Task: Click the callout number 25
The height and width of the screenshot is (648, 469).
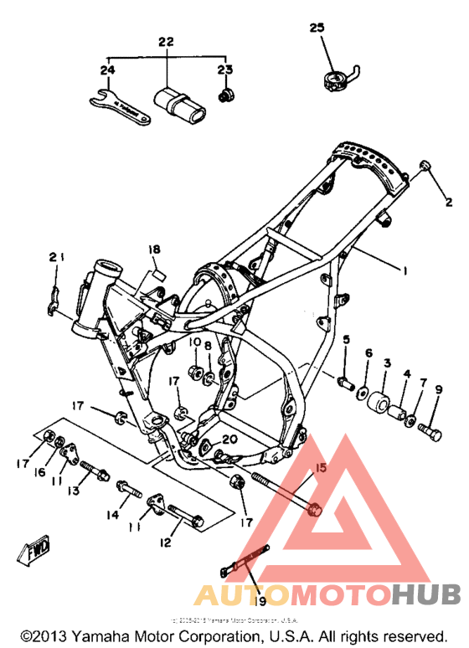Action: coord(316,28)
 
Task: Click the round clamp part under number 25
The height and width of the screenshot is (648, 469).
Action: coord(335,81)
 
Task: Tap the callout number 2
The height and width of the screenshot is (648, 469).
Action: coord(448,202)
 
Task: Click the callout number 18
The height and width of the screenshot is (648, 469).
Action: coord(153,249)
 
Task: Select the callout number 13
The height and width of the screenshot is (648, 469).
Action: coord(73,491)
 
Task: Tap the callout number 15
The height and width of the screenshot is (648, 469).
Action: coord(320,468)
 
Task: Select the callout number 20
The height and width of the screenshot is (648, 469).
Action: coord(231,440)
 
